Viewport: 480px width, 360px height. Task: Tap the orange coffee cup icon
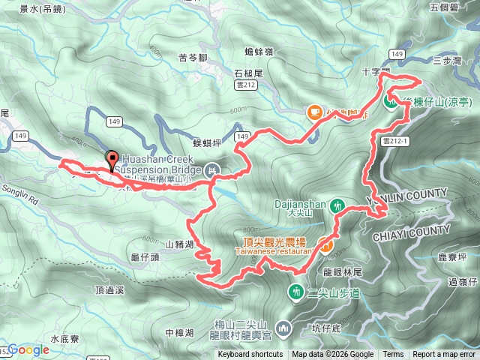click(x=314, y=112)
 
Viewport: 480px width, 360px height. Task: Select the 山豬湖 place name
click(x=179, y=244)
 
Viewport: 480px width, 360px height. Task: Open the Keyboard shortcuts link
click(x=250, y=355)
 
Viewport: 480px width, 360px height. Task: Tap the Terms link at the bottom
click(x=393, y=355)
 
